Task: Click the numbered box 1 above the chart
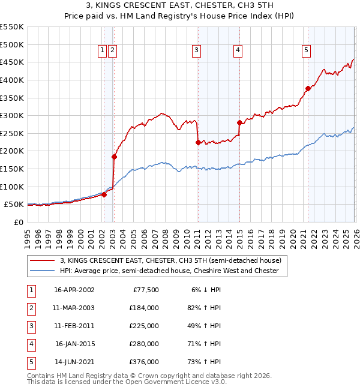pos(103,51)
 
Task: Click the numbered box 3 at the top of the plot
pos(197,51)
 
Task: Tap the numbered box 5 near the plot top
pos(306,51)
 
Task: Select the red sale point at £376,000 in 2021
pos(308,89)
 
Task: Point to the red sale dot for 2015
pos(239,123)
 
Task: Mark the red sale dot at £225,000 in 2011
pos(198,142)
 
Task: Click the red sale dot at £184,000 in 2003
pos(113,157)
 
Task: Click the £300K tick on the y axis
pos(12,115)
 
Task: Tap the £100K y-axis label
pos(12,187)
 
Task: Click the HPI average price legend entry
pos(169,271)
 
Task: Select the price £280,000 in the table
pos(144,344)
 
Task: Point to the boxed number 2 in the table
pos(31,308)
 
